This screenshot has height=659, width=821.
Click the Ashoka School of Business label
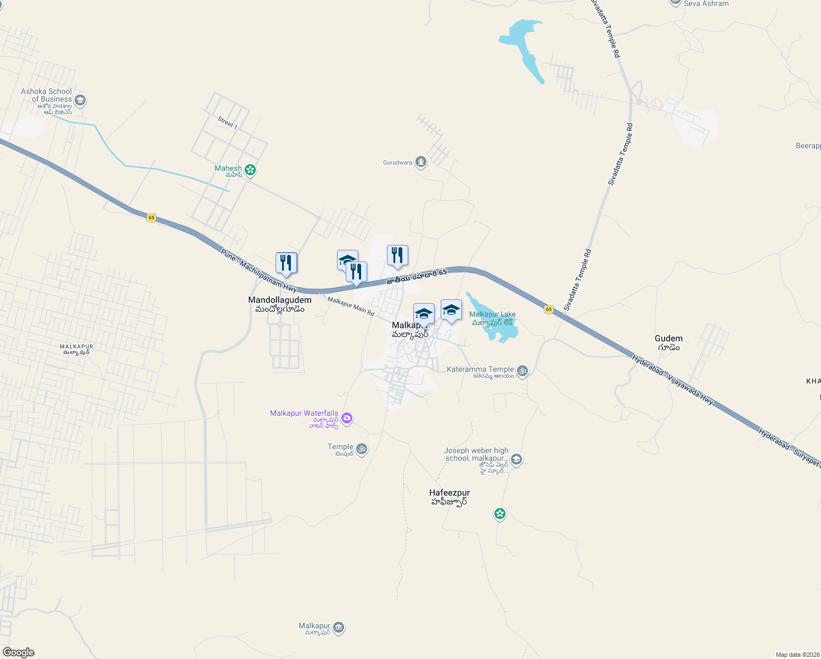pyautogui.click(x=46, y=96)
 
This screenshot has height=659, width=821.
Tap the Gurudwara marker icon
pyautogui.click(x=421, y=162)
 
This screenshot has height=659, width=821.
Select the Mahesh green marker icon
pyautogui.click(x=250, y=170)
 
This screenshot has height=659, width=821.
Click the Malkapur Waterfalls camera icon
pyautogui.click(x=347, y=418)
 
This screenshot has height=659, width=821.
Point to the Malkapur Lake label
pyautogui.click(x=492, y=315)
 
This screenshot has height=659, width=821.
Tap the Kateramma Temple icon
pyautogui.click(x=522, y=371)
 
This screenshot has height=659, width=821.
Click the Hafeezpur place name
pyautogui.click(x=449, y=493)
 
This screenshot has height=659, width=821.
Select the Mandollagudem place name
pyautogui.click(x=279, y=300)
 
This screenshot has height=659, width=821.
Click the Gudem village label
pyautogui.click(x=668, y=339)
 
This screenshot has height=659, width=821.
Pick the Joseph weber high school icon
pyautogui.click(x=516, y=459)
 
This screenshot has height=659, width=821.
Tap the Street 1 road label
pyautogui.click(x=227, y=122)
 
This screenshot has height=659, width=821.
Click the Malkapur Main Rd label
pyautogui.click(x=351, y=306)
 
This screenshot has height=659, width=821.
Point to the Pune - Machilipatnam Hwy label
pyautogui.click(x=258, y=270)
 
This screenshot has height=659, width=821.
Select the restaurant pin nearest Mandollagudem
pyautogui.click(x=286, y=264)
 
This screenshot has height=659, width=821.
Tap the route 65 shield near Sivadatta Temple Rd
pyautogui.click(x=548, y=310)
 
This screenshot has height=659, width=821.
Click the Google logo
pyautogui.click(x=19, y=652)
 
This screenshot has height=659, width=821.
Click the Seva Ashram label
pyautogui.click(x=706, y=3)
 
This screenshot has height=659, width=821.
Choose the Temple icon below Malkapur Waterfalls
pyautogui.click(x=361, y=449)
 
